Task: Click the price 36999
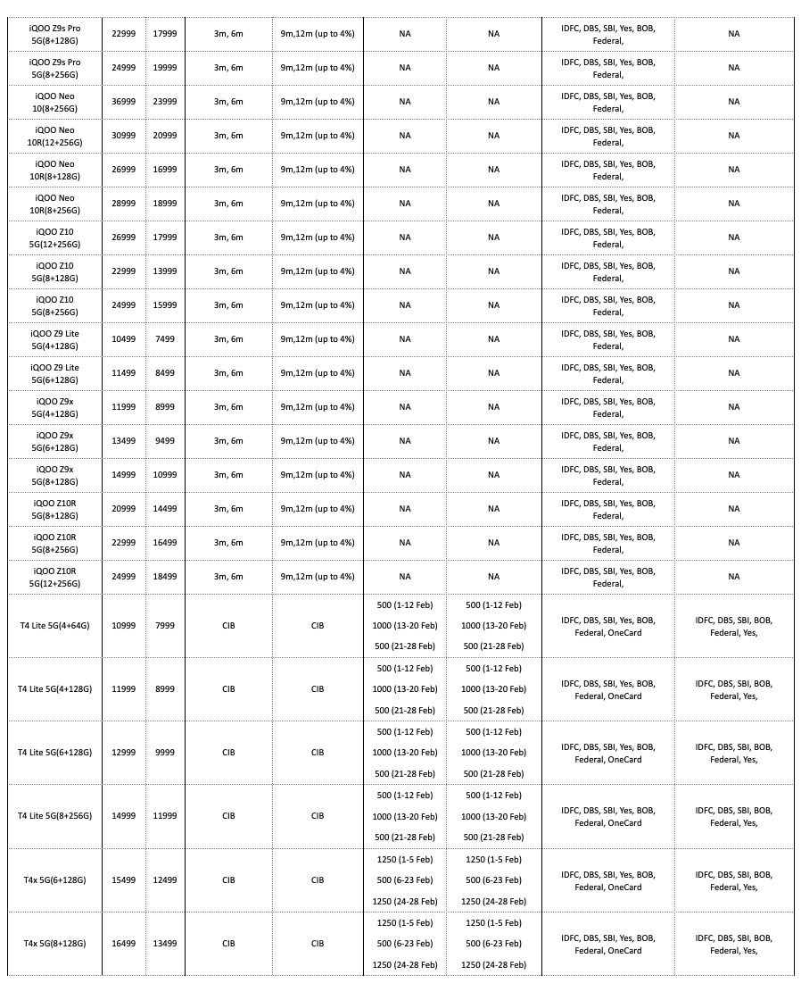(x=123, y=102)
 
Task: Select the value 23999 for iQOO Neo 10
(x=164, y=102)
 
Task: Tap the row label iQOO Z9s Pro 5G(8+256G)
(x=54, y=68)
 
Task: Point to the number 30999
(x=123, y=136)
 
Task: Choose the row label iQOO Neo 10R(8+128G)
(x=54, y=170)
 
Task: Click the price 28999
(x=123, y=204)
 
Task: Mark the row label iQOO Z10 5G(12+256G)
(x=54, y=237)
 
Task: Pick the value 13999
(x=164, y=271)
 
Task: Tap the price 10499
(x=123, y=339)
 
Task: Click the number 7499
(x=164, y=339)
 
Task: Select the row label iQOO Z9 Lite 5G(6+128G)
(x=54, y=373)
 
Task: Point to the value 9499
(x=164, y=441)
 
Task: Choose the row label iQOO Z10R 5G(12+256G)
(x=54, y=577)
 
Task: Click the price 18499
(x=164, y=577)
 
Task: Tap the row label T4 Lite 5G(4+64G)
(x=54, y=626)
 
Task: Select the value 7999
(x=164, y=626)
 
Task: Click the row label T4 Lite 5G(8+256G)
(x=54, y=816)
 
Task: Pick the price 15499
(x=123, y=880)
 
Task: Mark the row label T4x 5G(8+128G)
(x=54, y=944)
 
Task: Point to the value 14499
(x=164, y=509)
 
